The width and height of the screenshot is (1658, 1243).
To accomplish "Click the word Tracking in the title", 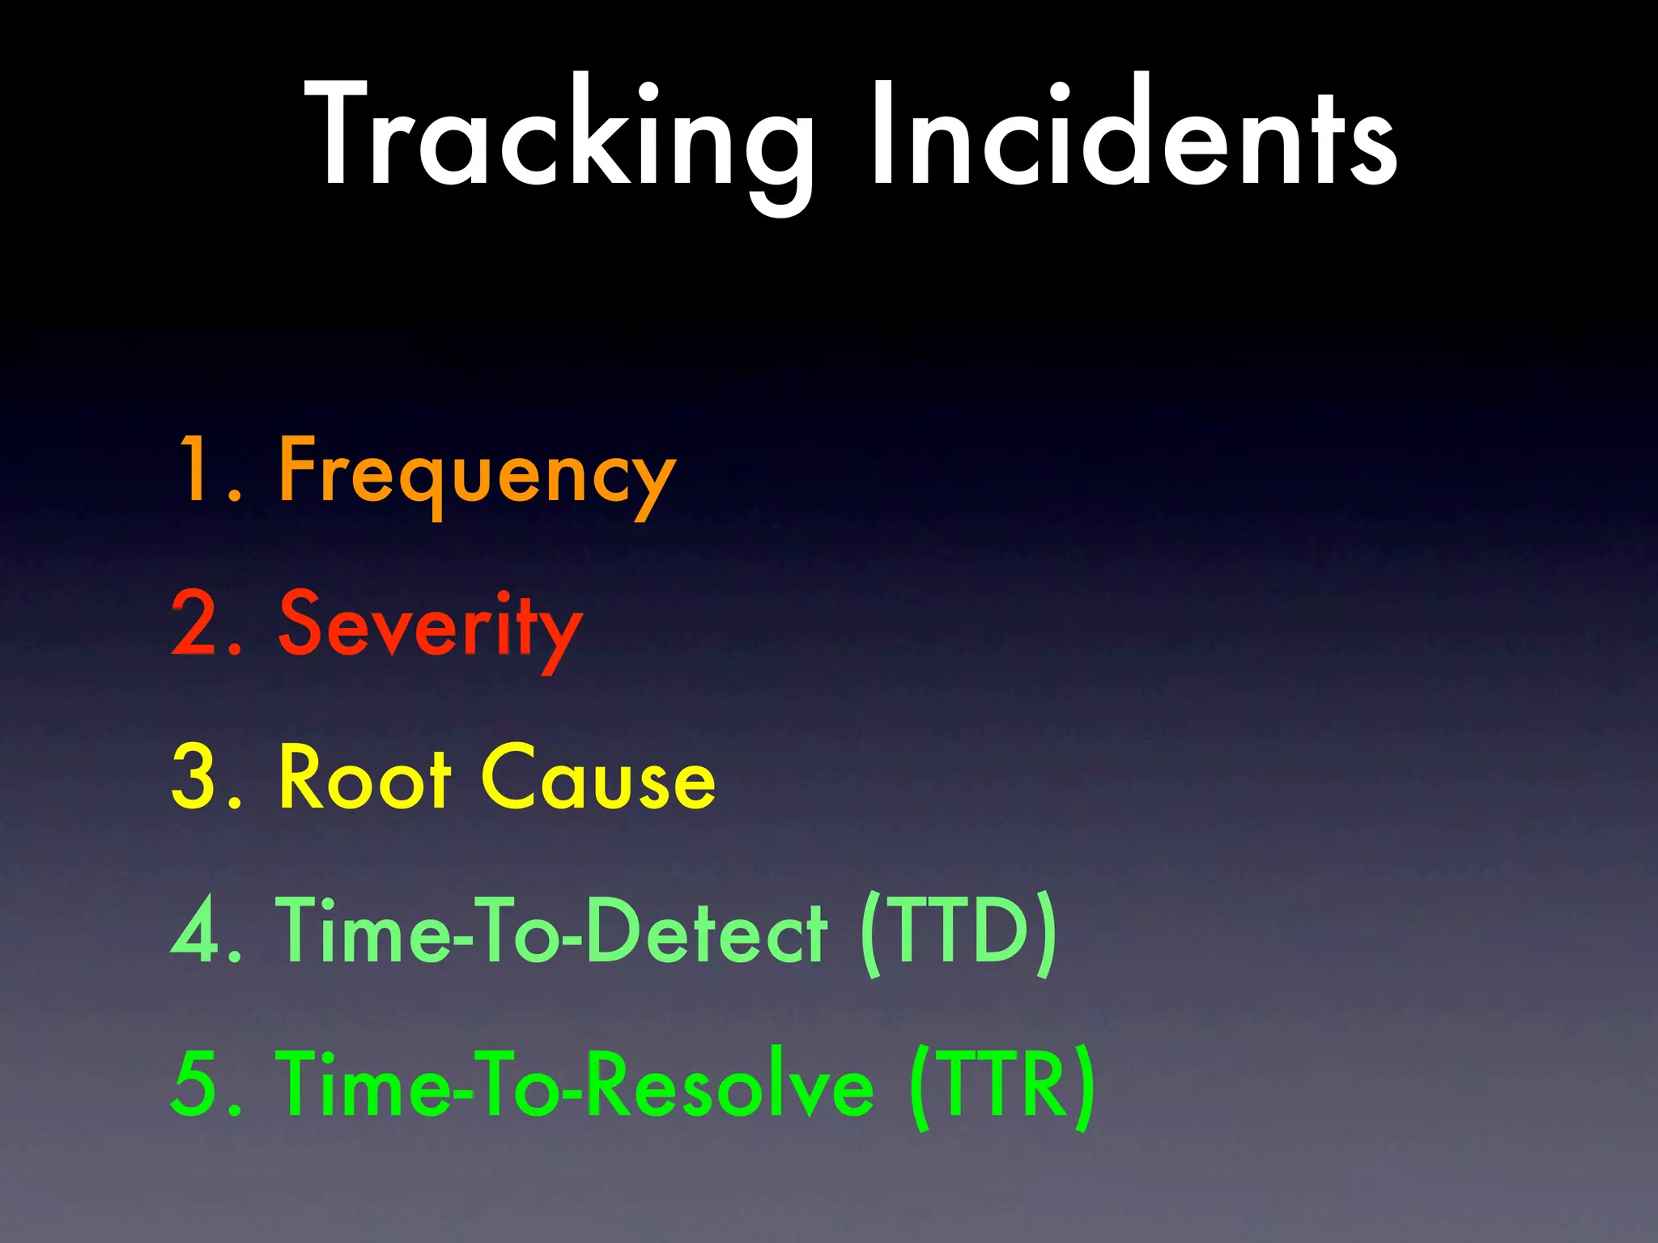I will [559, 134].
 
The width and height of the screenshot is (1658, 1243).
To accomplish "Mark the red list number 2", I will [194, 623].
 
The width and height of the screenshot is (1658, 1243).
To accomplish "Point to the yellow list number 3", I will [194, 777].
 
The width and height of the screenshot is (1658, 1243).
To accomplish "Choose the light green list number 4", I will [194, 931].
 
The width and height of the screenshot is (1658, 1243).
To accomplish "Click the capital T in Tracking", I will [344, 134].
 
